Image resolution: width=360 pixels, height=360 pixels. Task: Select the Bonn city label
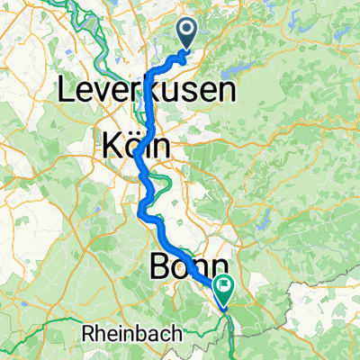(188, 267)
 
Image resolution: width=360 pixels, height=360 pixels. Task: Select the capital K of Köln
(112, 144)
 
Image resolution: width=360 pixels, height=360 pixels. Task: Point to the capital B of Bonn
(157, 267)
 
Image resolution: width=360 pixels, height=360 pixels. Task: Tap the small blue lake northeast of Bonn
(263, 222)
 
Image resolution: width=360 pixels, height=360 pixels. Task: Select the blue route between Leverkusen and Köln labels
(148, 112)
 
